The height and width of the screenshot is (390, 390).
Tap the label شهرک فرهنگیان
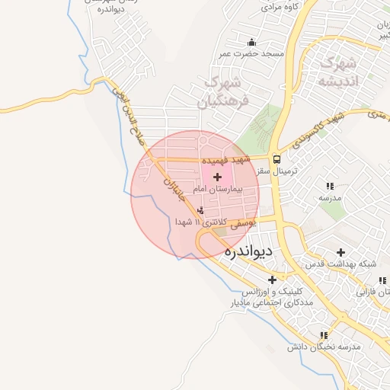pos(222,92)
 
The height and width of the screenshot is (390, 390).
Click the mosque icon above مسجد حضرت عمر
pos(252,42)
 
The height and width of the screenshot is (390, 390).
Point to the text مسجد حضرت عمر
pos(251,54)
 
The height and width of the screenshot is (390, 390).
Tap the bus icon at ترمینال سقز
pos(277,160)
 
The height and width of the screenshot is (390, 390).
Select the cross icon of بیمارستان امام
pos(218,177)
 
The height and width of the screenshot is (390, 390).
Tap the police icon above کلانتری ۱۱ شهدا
pos(201,209)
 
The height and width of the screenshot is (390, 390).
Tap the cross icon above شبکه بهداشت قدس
pos(340,252)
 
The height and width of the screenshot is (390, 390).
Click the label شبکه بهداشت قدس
pos(340,264)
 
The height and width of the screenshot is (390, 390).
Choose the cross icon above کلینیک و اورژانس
pos(272,279)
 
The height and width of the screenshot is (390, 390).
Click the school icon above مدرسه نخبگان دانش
pos(324,334)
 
